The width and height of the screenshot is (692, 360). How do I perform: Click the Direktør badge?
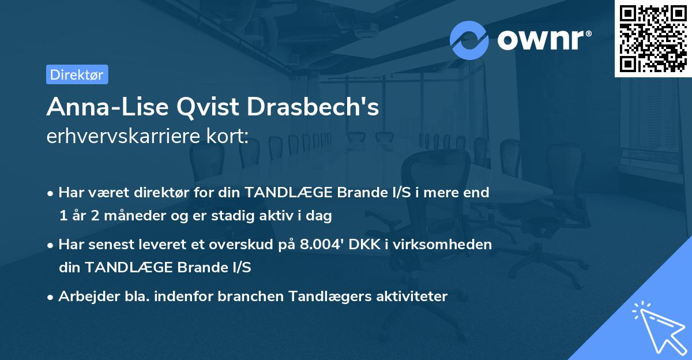tap(77, 74)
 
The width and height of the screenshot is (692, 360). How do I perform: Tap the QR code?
tap(653, 38)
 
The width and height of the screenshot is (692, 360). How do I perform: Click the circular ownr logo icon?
tap(469, 40)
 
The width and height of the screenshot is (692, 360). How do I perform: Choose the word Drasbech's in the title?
tap(314, 107)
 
